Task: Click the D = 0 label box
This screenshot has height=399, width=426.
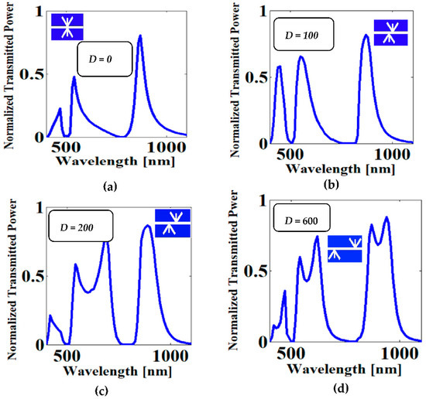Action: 107,59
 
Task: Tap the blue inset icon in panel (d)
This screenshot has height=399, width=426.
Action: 344,249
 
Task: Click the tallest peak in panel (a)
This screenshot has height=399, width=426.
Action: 139,36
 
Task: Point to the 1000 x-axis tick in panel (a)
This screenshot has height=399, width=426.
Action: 163,147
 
